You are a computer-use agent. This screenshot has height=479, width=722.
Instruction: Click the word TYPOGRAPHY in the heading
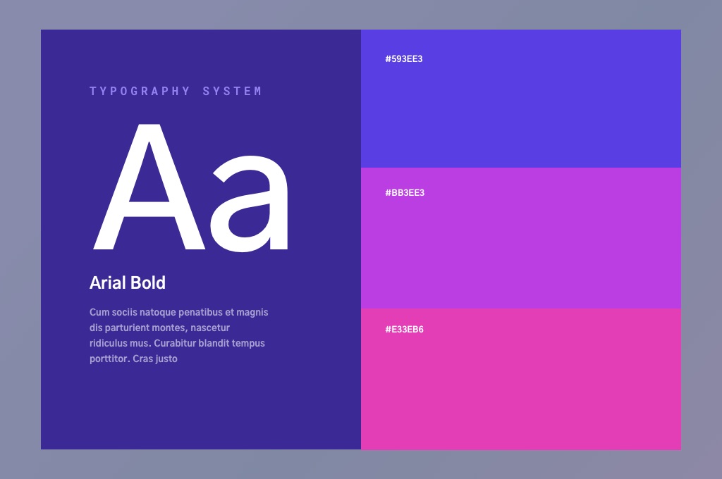point(140,91)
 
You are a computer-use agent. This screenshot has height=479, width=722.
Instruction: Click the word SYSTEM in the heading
point(232,91)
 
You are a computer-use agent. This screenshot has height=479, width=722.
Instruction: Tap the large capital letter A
point(149,187)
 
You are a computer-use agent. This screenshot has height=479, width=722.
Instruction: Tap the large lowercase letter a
point(249,204)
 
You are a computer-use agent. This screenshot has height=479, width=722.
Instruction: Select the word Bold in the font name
point(148,282)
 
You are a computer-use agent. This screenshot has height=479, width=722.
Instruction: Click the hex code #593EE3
point(404,59)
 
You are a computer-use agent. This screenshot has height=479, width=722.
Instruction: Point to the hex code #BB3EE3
point(405,193)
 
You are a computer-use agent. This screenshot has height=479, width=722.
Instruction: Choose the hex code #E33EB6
point(404,330)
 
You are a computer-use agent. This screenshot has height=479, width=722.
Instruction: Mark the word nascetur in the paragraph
point(210,328)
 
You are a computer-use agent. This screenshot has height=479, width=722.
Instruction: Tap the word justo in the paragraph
point(166,359)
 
